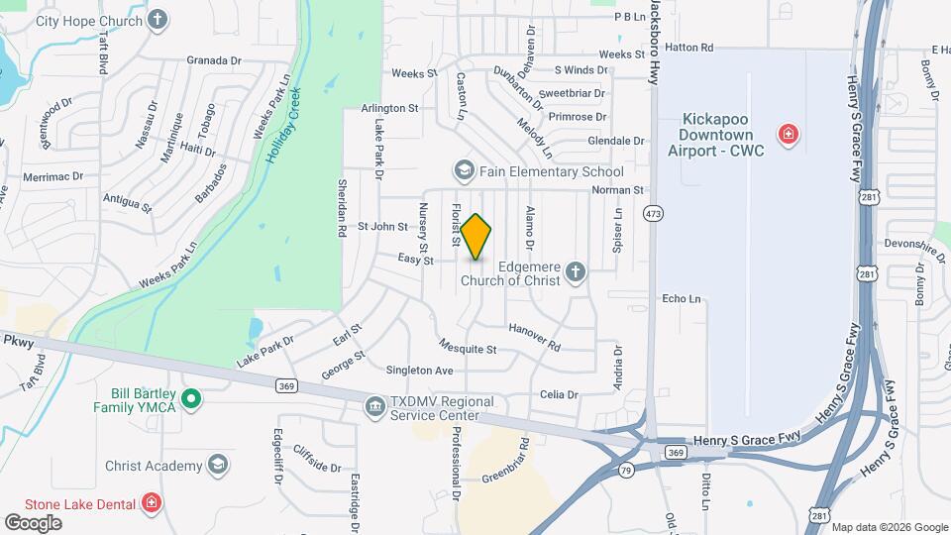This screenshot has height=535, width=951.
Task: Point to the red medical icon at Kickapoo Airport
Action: [788, 134]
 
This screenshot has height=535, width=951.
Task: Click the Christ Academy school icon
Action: [217, 465]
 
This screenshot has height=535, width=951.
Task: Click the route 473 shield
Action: [652, 213]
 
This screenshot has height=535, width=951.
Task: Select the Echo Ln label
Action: [681, 298]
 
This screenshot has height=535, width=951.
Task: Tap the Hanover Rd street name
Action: [534, 337]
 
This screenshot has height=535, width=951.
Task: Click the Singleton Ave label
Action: [419, 370]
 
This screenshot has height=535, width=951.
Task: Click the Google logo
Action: [33, 522]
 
